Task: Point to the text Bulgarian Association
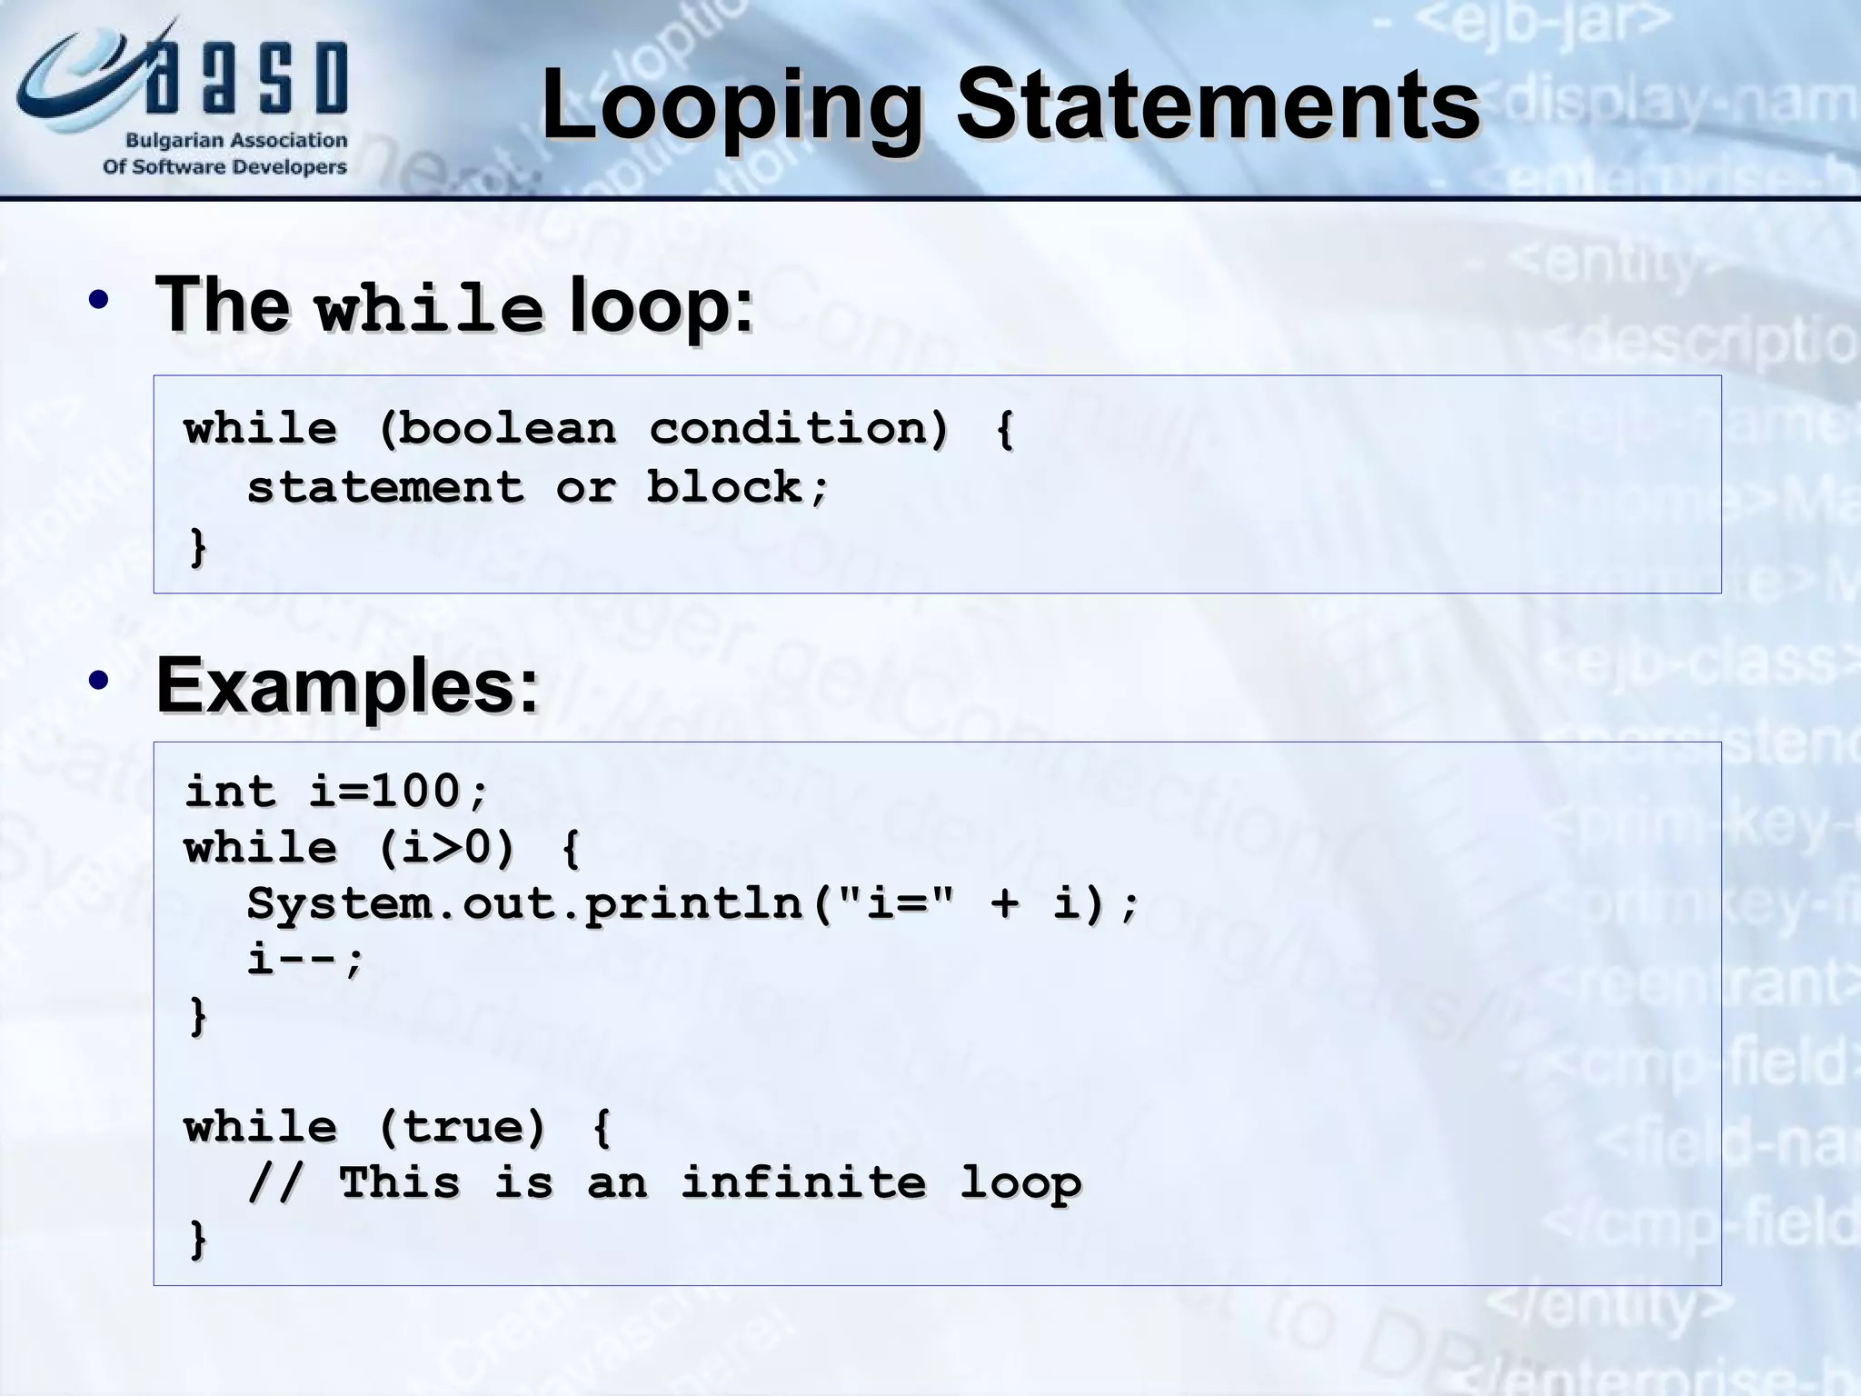pos(236,141)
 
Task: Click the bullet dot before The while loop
pos(99,301)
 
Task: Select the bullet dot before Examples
pos(99,681)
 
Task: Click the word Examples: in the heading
pos(348,686)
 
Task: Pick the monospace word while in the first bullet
pos(429,309)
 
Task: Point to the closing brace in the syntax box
pos(197,547)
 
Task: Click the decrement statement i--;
pos(305,960)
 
